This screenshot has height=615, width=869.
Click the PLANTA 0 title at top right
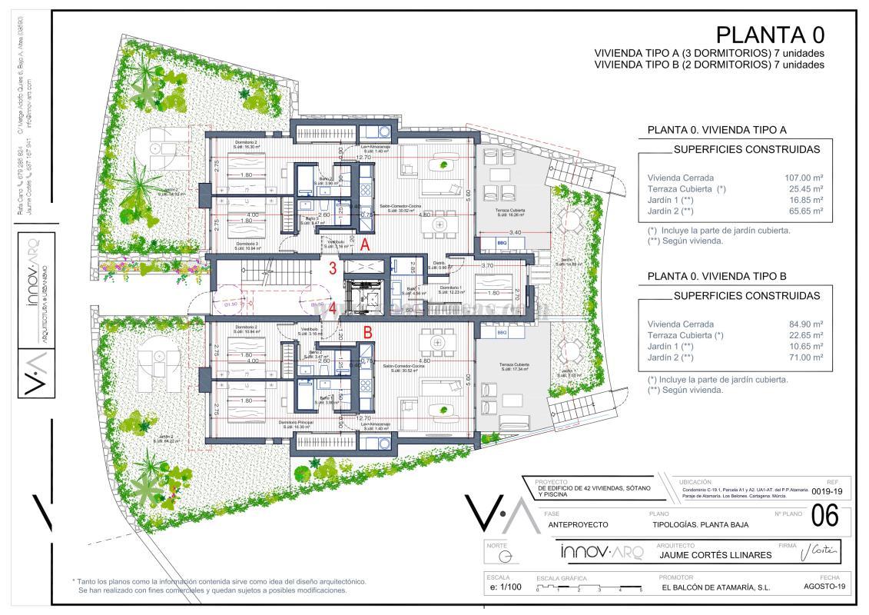coord(770,35)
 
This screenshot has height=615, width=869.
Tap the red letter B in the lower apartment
coord(368,334)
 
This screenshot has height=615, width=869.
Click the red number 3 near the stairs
coord(333,268)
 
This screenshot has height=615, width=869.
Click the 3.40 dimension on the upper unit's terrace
coord(516,231)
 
